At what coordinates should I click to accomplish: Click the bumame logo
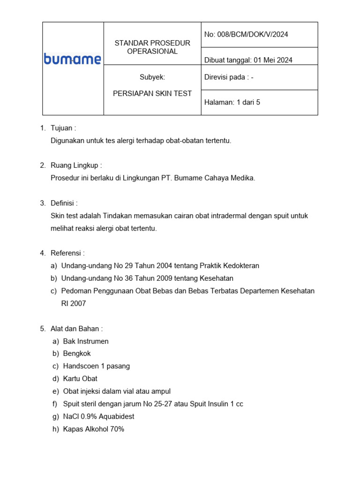72,59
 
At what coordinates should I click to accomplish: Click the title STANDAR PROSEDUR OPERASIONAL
152,47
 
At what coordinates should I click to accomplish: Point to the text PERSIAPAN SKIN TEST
152,93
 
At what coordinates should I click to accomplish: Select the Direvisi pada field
229,77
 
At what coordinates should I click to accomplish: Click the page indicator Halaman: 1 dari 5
232,102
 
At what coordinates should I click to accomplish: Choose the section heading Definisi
64,203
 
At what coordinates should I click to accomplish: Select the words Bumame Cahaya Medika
215,178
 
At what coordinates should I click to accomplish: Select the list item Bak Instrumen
86,341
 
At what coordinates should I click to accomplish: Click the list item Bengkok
77,353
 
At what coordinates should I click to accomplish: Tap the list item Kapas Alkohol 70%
93,429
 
